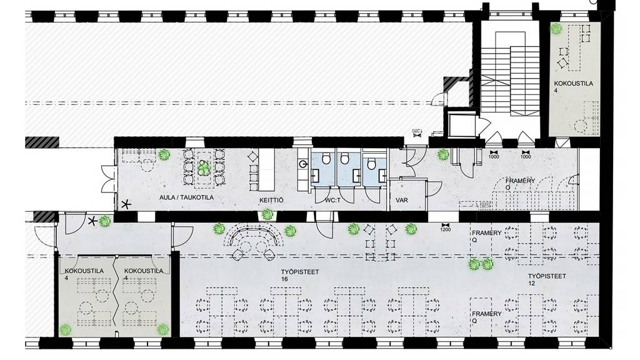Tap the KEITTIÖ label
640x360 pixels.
272,201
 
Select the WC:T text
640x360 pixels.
332,201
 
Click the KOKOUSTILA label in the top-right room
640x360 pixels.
572,86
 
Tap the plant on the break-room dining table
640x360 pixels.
202,167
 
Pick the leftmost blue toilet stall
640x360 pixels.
323,169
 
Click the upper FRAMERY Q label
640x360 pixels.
487,236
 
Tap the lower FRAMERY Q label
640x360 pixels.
487,317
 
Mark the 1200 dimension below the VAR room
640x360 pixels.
446,228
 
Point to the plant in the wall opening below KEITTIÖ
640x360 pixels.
267,215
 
